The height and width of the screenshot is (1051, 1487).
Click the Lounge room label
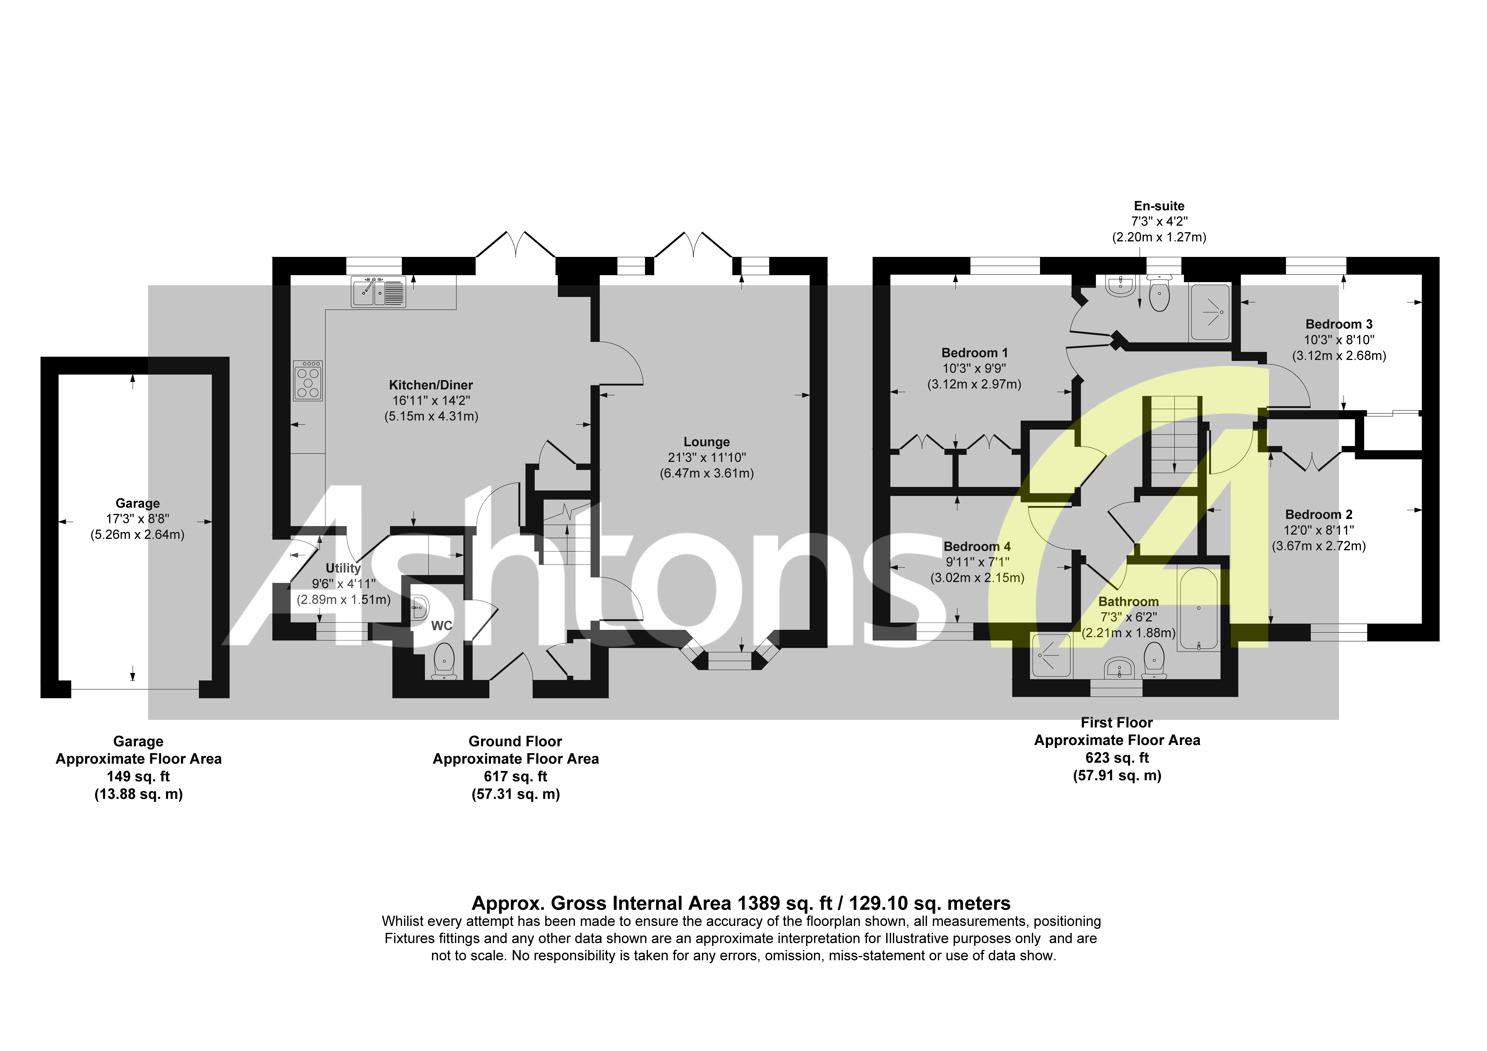click(707, 442)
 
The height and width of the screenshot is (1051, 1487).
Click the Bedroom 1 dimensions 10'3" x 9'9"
click(974, 369)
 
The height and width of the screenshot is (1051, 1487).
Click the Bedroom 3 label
click(1339, 324)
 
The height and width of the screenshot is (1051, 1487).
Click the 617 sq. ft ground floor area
click(515, 776)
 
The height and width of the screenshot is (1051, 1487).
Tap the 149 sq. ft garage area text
click(138, 776)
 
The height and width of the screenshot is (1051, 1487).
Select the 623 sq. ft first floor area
click(1117, 757)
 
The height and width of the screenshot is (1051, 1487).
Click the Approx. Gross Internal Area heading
click(741, 903)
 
